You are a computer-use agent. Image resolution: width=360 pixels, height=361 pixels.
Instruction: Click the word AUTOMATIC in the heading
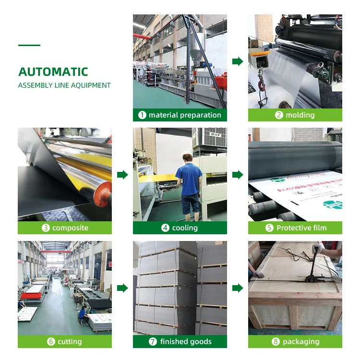(53, 72)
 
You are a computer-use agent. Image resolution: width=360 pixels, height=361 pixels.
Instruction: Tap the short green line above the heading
(29, 46)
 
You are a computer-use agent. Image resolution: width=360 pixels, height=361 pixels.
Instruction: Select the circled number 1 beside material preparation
(142, 115)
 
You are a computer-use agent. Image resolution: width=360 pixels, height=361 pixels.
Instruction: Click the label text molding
(300, 115)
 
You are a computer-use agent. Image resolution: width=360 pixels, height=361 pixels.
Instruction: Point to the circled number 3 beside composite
(46, 228)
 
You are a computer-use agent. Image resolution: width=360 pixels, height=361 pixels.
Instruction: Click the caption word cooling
(185, 228)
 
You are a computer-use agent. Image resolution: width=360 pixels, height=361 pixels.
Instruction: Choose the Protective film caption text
(301, 228)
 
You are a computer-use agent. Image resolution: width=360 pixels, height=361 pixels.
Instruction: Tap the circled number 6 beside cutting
(51, 342)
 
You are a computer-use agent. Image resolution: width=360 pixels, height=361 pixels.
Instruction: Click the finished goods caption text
(186, 342)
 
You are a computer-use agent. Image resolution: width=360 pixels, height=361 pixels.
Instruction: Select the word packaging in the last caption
(301, 342)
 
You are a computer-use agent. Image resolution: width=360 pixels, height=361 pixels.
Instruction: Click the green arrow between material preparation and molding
(238, 61)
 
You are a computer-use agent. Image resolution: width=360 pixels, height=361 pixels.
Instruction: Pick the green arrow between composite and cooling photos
(122, 175)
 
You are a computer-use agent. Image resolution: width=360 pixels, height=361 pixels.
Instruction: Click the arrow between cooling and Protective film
(238, 175)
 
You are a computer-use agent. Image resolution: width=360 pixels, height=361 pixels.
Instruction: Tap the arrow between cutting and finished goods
(122, 288)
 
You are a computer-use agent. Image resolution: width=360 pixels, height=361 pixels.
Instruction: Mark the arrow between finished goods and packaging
(238, 288)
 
